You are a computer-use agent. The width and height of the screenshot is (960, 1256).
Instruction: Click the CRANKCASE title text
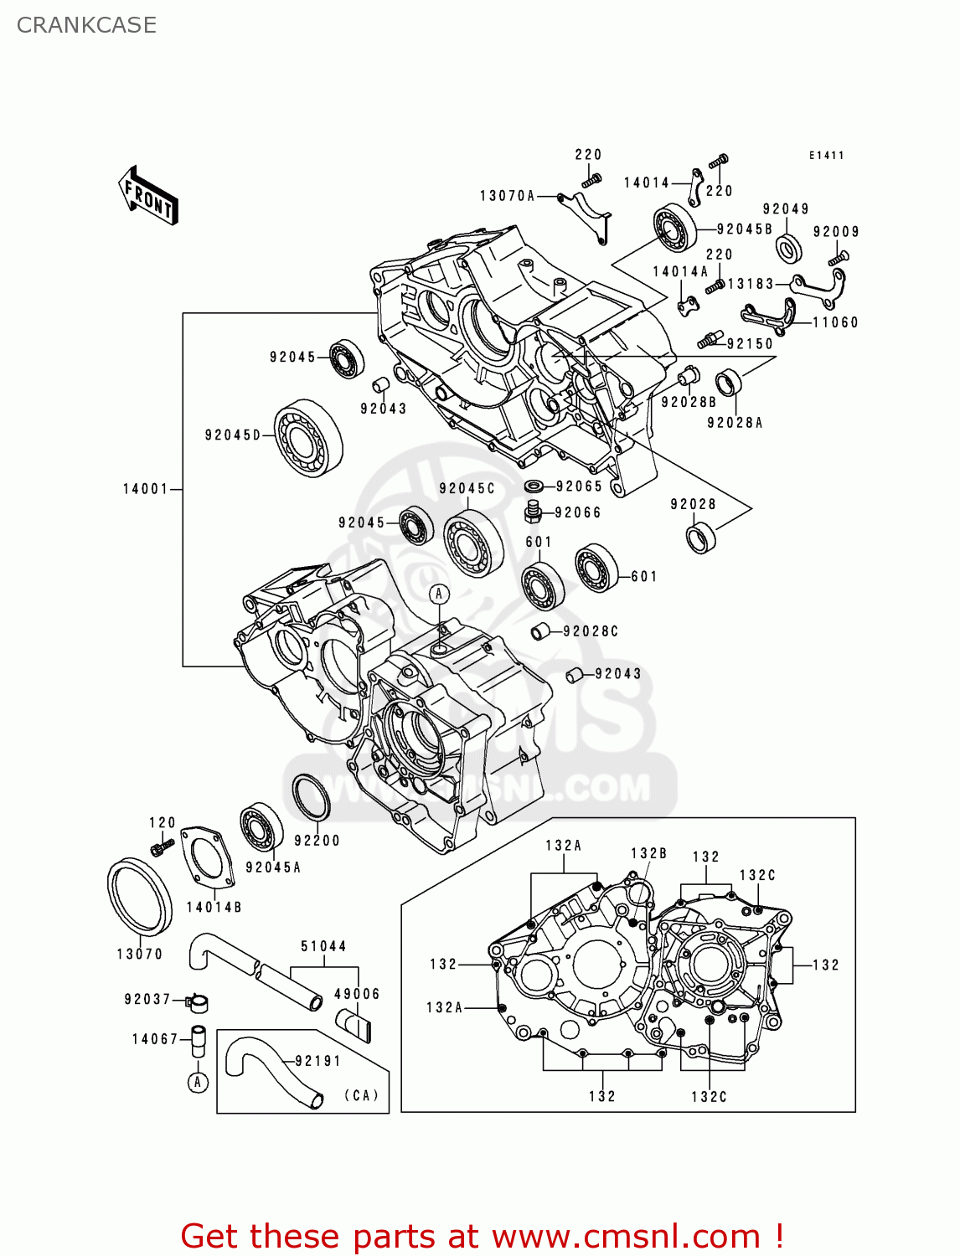(86, 25)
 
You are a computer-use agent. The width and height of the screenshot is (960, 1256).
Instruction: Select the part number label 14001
(146, 489)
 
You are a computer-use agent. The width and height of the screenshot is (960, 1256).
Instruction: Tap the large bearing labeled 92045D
(308, 439)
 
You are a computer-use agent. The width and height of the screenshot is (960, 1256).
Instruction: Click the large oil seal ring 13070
(140, 896)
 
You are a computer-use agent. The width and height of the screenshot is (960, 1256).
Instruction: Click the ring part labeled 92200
(311, 798)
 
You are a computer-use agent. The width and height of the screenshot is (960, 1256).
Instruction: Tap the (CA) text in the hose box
(361, 1095)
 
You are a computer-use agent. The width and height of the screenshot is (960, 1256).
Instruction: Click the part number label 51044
(323, 946)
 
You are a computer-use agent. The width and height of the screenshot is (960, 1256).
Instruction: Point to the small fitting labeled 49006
(354, 1024)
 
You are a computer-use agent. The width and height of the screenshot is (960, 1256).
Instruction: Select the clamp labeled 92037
(198, 1002)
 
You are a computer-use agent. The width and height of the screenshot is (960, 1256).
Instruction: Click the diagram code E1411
(826, 156)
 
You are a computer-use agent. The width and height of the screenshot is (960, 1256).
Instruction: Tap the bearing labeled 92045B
(675, 228)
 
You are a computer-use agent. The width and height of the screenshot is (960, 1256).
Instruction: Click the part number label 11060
(835, 322)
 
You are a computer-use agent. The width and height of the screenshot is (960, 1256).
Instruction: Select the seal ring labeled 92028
(700, 537)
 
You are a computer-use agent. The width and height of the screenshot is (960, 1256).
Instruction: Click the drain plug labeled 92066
(532, 511)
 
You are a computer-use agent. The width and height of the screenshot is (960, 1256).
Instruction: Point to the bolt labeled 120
(158, 849)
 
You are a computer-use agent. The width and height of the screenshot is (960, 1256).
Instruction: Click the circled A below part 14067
(198, 1083)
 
